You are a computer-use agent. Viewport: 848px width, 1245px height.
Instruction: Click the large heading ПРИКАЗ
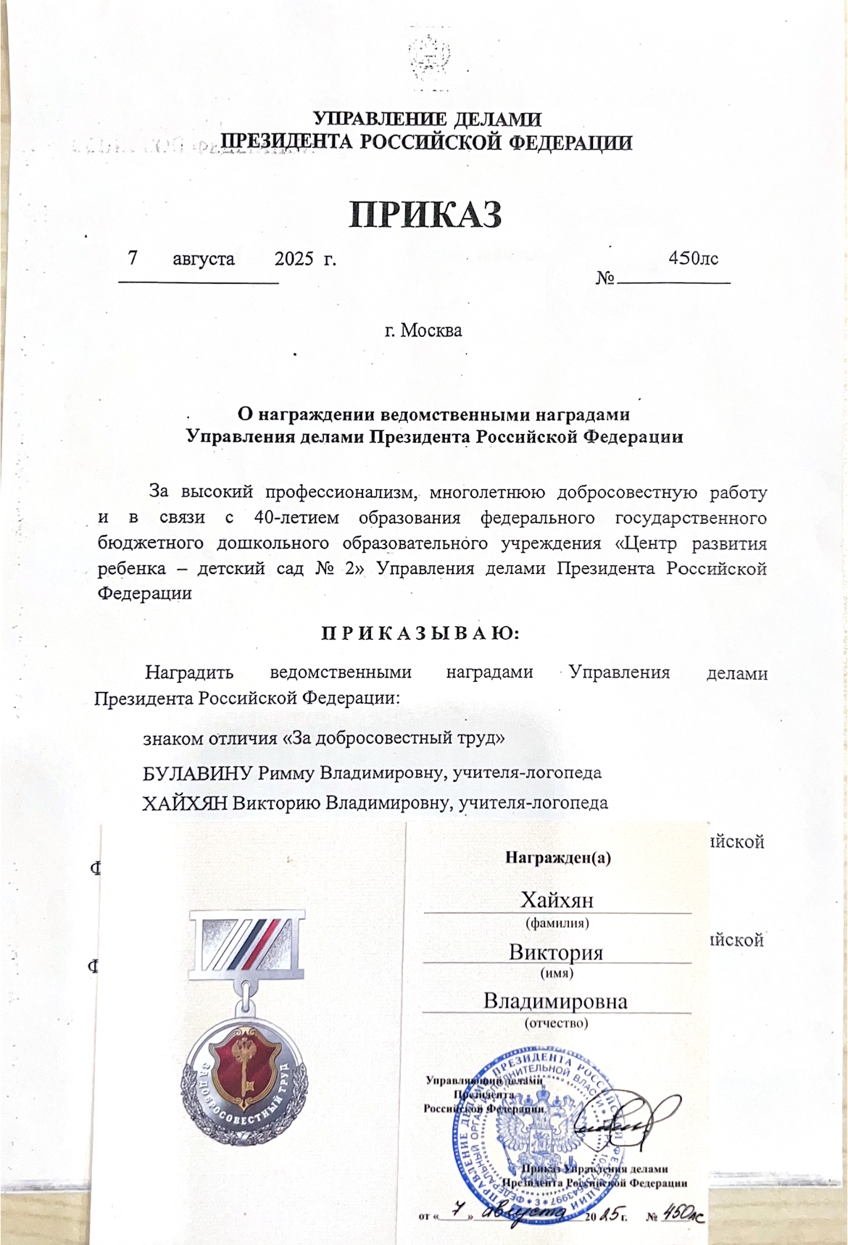coord(425,215)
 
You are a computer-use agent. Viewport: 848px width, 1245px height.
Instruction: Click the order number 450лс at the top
coord(694,258)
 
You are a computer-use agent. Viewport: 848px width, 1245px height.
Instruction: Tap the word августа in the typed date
coord(203,259)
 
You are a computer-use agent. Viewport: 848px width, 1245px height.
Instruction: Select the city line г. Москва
coord(423,330)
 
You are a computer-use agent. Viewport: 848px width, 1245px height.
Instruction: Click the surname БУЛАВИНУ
coord(198,773)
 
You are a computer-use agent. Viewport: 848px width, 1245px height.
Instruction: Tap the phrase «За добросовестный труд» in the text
coord(393,739)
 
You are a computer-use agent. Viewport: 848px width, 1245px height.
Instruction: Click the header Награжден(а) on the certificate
coord(557,858)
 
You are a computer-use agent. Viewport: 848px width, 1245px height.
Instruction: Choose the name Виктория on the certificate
coord(556,952)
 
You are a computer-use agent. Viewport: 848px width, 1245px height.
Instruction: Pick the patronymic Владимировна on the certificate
coord(556,1002)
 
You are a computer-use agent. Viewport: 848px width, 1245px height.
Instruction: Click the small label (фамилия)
coord(557,923)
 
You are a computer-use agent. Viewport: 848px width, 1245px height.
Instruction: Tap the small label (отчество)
coord(556,1023)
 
